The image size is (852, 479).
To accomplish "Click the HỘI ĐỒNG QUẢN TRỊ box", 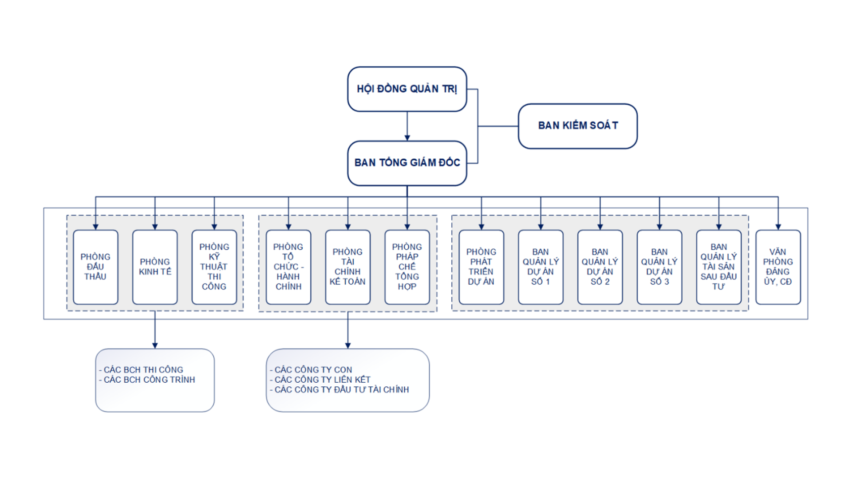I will pyautogui.click(x=407, y=89).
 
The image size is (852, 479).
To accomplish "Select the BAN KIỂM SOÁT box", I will pyautogui.click(x=577, y=126).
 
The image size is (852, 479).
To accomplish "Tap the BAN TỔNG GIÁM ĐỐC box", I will pyautogui.click(x=407, y=163).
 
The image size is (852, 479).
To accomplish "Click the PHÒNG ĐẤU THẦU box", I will pyautogui.click(x=95, y=267).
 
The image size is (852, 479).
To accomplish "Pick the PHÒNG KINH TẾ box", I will pyautogui.click(x=155, y=267).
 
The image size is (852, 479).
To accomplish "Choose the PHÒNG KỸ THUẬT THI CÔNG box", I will pyautogui.click(x=214, y=267).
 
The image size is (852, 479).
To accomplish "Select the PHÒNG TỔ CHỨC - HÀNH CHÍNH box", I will pyautogui.click(x=288, y=267).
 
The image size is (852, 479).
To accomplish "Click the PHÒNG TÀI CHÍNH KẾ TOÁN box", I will pyautogui.click(x=347, y=267).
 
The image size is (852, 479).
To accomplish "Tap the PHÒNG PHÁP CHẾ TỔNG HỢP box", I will pyautogui.click(x=407, y=267).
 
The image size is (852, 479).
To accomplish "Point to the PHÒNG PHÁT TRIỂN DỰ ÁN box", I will pyautogui.click(x=481, y=267).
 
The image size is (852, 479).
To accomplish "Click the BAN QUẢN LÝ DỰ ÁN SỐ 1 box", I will pyautogui.click(x=540, y=267).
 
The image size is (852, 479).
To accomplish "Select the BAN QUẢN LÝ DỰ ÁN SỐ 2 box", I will pyautogui.click(x=600, y=267).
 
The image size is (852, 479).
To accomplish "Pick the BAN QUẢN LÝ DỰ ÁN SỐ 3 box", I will pyautogui.click(x=659, y=267).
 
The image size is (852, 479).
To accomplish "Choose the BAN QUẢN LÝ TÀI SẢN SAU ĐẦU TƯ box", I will pyautogui.click(x=718, y=267).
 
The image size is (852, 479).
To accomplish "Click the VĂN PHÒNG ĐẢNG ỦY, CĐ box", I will pyautogui.click(x=778, y=267).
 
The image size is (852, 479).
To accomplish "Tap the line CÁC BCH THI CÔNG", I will pyautogui.click(x=143, y=369).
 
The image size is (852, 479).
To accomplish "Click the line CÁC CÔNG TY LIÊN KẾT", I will pyautogui.click(x=322, y=380).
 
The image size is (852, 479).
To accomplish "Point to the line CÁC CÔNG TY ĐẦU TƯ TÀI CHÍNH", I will pyautogui.click(x=341, y=389).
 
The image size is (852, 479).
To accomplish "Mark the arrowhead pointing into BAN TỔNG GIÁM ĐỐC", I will pyautogui.click(x=407, y=138).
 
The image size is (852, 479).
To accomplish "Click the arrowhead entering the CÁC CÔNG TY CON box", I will pyautogui.click(x=348, y=346).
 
